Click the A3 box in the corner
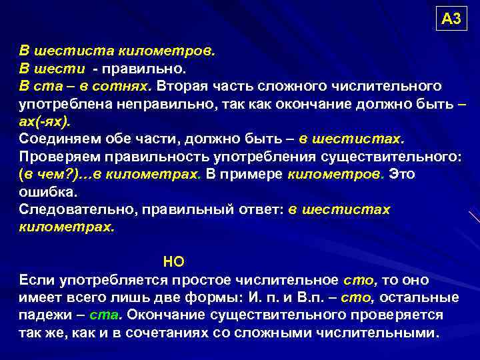point(451,19)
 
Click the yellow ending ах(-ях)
point(44,123)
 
